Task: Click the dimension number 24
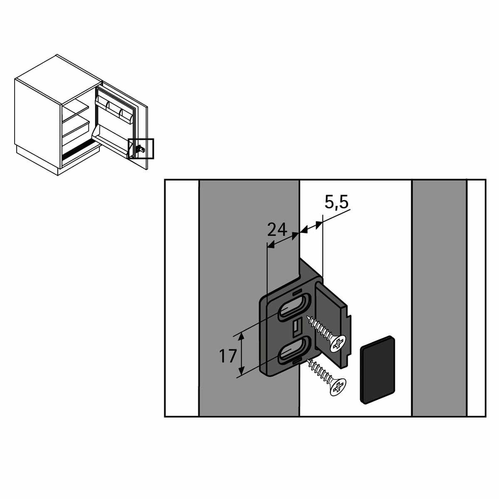[x=277, y=230]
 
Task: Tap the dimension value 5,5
[x=337, y=203]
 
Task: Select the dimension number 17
[x=228, y=356]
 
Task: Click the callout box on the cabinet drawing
[x=141, y=148]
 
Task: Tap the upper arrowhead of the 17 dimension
[x=241, y=336]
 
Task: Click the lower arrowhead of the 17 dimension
[x=241, y=378]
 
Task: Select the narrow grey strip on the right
[x=439, y=296]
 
